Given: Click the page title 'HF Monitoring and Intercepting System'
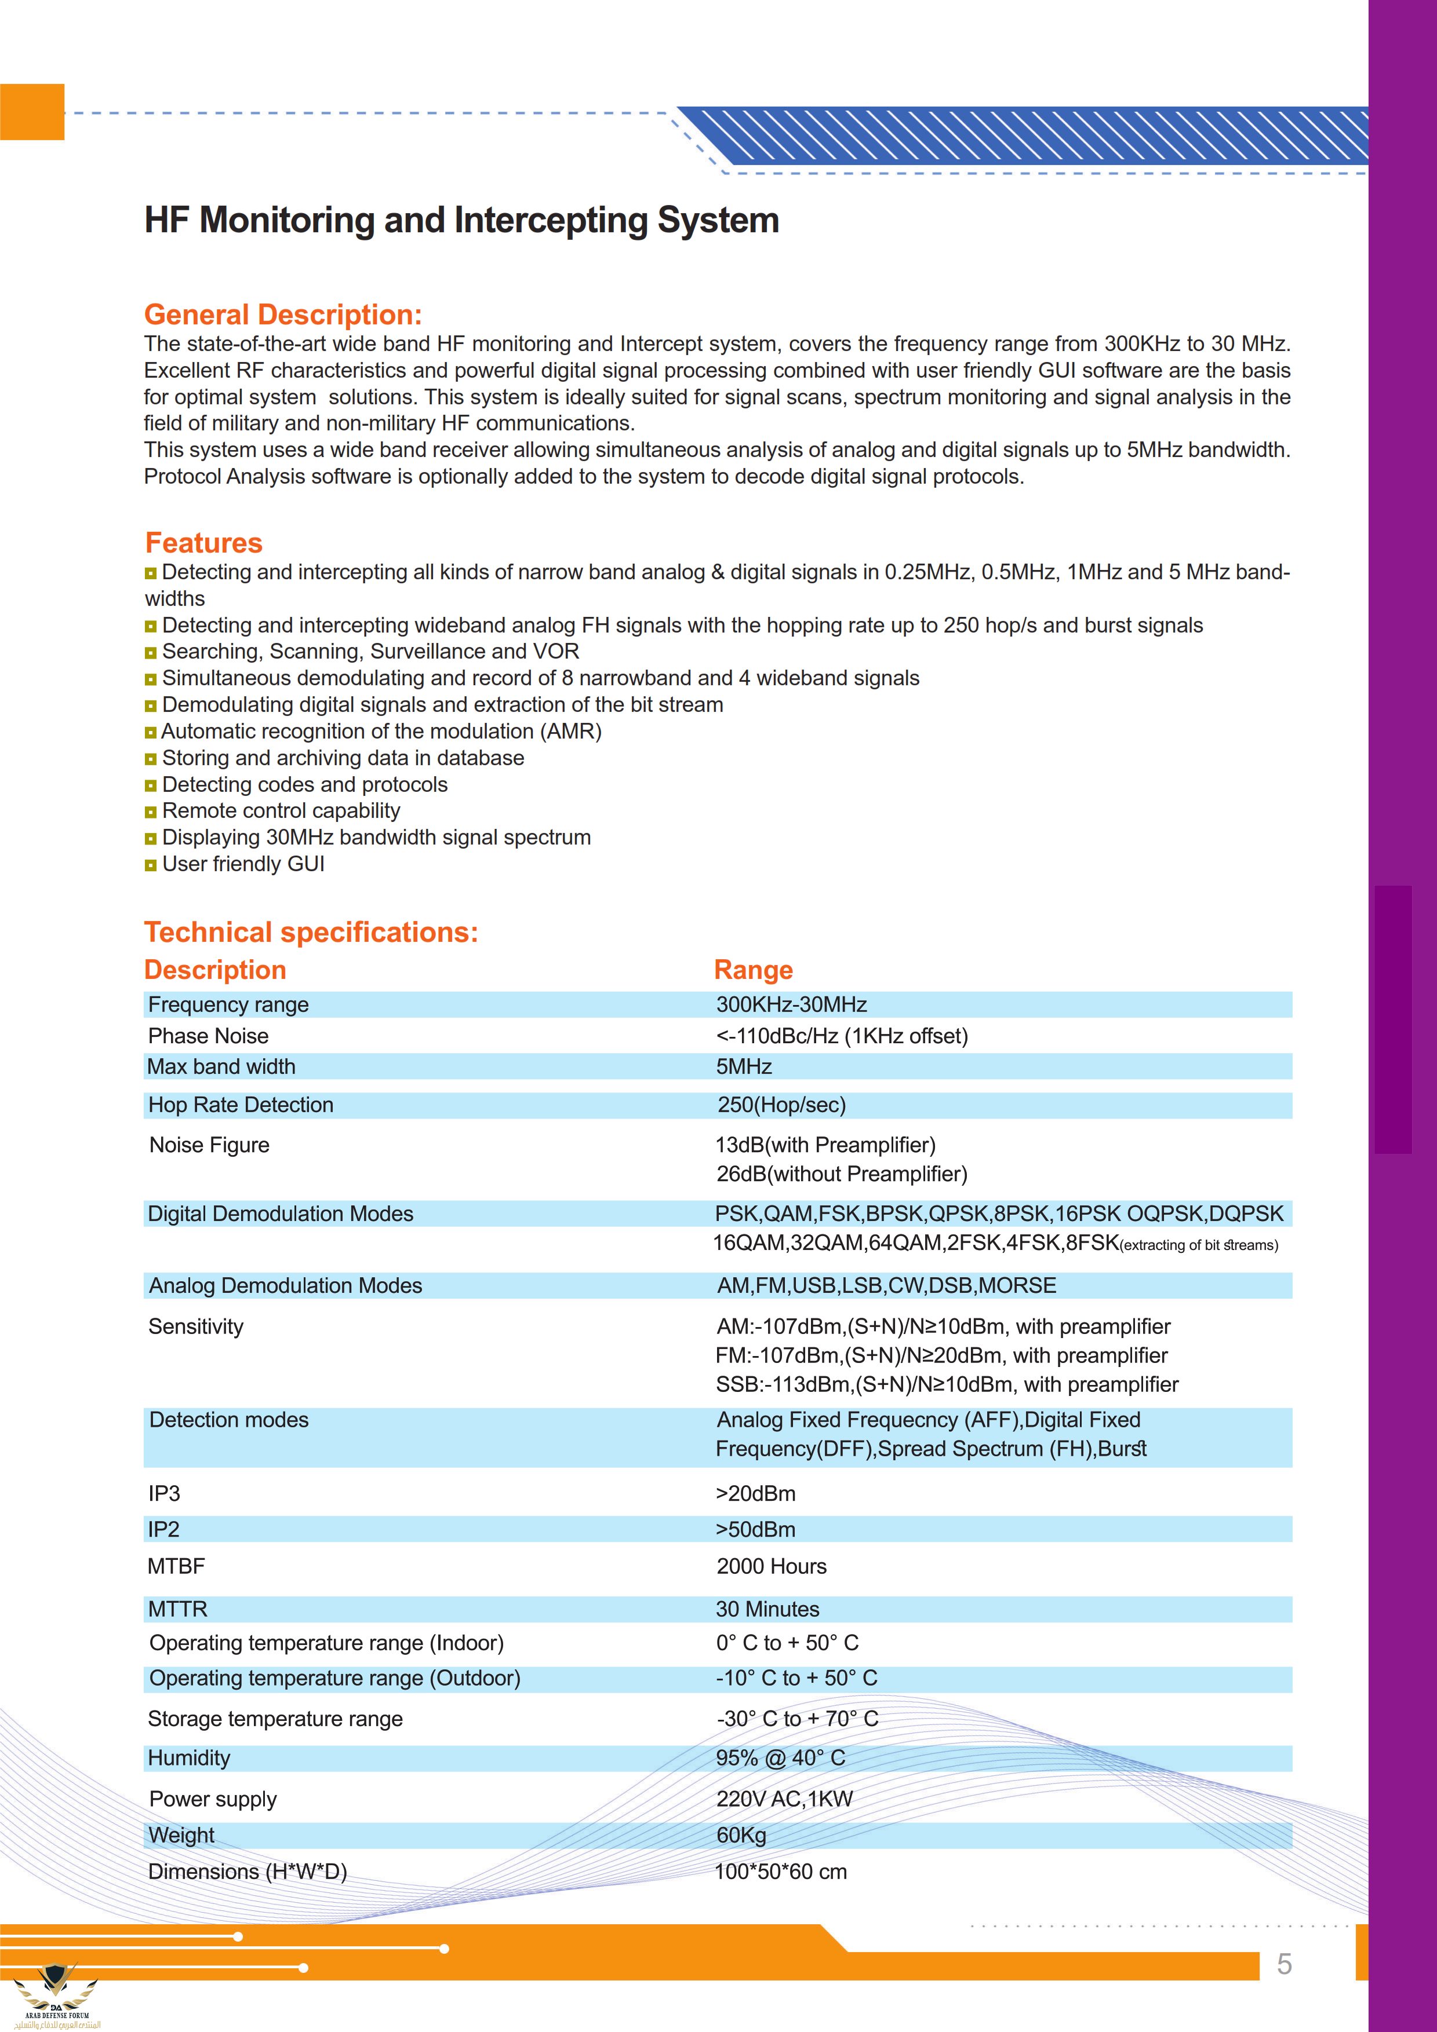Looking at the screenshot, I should tap(461, 220).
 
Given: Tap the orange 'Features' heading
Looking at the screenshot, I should tap(203, 543).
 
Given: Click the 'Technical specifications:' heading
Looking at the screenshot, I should tap(311, 932).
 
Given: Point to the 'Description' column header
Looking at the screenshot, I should tap(215, 970).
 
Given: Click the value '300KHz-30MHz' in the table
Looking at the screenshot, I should tap(792, 1004).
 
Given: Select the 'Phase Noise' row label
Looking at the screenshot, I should tap(208, 1036).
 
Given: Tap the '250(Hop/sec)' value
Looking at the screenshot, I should tap(782, 1105).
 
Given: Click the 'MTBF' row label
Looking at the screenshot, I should tap(176, 1566).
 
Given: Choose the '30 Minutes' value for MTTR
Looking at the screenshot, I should tap(767, 1609).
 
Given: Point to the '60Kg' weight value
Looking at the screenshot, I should tap(741, 1836).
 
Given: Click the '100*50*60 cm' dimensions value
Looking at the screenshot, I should tap(781, 1872).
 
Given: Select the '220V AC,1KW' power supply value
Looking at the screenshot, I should tap(784, 1799).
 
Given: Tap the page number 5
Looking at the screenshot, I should tap(1284, 1965).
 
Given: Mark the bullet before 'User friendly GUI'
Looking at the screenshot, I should tap(151, 865).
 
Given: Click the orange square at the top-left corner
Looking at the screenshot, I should tap(32, 112).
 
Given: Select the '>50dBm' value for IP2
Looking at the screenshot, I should tap(755, 1529).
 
